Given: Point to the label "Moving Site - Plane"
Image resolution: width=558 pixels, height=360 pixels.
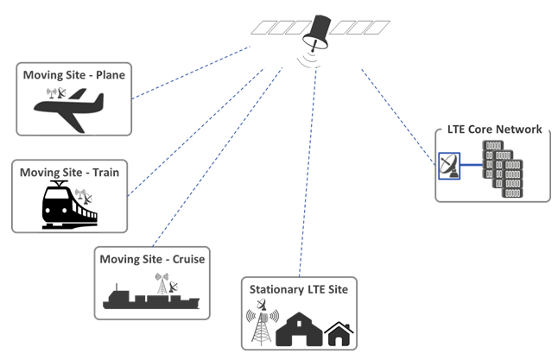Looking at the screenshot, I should point(74,75).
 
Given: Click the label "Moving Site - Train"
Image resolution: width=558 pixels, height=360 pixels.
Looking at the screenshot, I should point(69,172).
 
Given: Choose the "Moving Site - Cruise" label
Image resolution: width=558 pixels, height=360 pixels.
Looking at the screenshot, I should point(153,259).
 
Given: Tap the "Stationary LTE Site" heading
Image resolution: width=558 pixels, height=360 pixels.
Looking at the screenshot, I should point(298,288).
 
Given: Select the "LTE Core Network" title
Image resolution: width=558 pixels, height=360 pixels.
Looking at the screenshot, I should point(495,129).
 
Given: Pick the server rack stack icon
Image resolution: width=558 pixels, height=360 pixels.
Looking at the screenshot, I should point(504,167).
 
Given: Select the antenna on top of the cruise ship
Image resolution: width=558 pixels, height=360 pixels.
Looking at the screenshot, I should point(162,282).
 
